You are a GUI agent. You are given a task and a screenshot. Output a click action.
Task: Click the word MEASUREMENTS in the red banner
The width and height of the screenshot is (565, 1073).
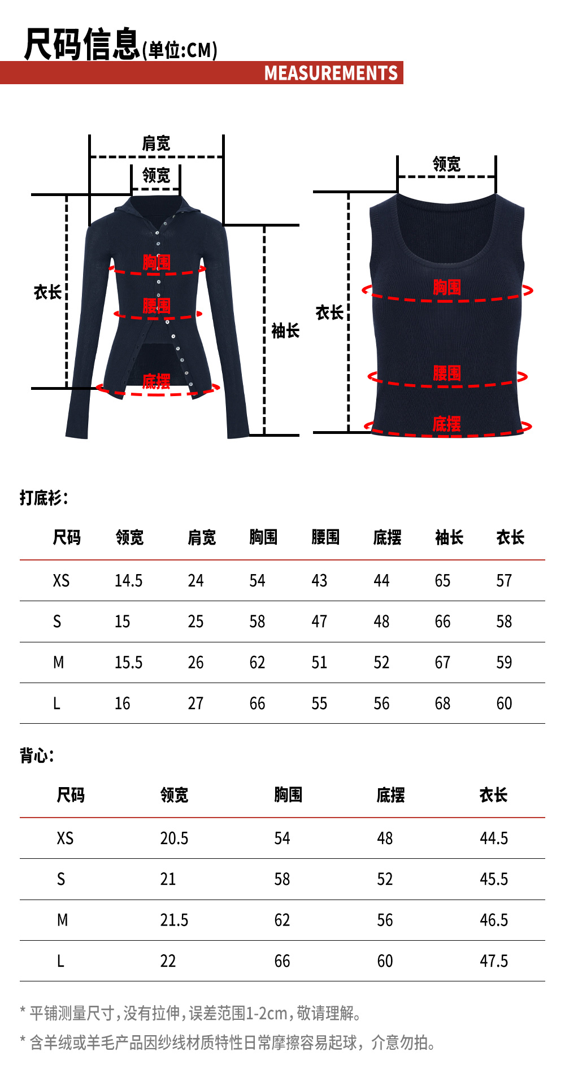point(331,73)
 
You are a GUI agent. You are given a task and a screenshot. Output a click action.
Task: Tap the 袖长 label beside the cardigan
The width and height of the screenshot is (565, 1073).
point(285,331)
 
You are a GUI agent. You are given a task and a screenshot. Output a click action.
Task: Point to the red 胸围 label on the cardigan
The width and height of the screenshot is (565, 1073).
point(157,262)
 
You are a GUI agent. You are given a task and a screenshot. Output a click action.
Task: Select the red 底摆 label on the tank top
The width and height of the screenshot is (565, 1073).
point(446,424)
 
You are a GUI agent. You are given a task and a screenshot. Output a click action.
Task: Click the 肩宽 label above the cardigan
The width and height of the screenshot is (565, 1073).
point(156,144)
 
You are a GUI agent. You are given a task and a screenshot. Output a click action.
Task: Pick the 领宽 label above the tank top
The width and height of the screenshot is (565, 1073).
point(446,164)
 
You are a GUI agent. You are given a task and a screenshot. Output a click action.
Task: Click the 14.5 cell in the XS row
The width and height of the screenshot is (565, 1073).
point(129,581)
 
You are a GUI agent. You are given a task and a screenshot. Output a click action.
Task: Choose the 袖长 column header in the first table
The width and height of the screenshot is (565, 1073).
point(449,537)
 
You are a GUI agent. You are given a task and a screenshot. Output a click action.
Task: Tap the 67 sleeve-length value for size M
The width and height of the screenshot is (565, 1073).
point(442,662)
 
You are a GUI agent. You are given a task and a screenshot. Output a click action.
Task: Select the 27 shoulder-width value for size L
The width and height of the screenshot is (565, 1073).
point(195,703)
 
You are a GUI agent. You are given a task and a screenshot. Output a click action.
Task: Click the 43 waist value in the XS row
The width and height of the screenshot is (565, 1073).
point(319,581)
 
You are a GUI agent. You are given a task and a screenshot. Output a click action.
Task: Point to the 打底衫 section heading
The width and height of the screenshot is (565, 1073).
point(43,498)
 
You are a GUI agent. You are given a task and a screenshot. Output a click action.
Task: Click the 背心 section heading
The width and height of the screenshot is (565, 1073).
point(36,755)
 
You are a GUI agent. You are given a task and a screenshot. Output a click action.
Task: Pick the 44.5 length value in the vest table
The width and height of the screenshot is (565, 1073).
point(494,838)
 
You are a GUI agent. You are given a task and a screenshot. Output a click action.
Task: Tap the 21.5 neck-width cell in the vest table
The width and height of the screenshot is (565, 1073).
point(174,920)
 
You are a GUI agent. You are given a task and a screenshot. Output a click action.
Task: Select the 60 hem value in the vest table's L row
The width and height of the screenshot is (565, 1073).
point(385,961)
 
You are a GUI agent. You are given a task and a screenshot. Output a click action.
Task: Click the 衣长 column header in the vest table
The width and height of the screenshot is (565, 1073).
point(493,795)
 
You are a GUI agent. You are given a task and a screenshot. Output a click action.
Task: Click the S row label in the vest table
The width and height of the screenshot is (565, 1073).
point(61,879)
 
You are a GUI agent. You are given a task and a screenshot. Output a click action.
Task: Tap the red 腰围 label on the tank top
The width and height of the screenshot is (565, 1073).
point(447,373)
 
